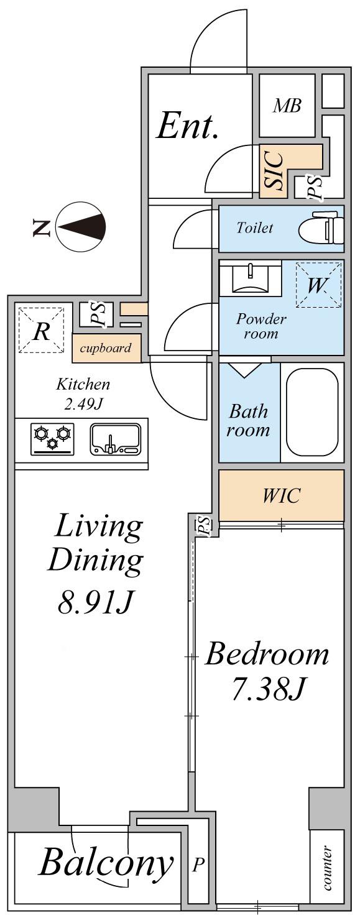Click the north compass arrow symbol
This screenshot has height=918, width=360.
click(x=81, y=227)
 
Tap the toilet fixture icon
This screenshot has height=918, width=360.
click(x=321, y=228)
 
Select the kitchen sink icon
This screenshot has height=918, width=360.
click(x=116, y=439)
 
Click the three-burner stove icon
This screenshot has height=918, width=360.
click(x=52, y=439)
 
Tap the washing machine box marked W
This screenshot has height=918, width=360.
click(x=318, y=285)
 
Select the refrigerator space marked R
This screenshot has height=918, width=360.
click(x=41, y=330)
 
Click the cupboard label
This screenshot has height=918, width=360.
click(x=105, y=348)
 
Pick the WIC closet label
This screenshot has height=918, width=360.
click(x=281, y=495)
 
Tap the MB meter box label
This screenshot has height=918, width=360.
click(x=287, y=106)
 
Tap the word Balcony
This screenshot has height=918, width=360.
click(x=106, y=863)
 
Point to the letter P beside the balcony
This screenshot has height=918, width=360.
click(x=198, y=865)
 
